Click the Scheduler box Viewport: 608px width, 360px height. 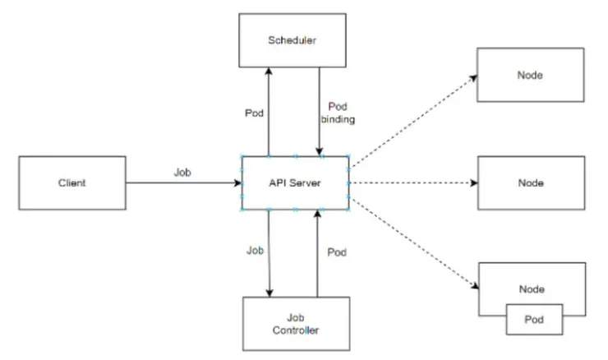coord(294,41)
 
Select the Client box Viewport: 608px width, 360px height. coord(71,182)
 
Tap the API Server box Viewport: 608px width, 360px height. coord(294,182)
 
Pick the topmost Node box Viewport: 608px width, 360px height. coord(531,76)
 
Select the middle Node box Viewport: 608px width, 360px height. coord(531,182)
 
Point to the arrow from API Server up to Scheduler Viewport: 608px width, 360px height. coord(269,111)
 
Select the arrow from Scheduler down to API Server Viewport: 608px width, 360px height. coord(320,111)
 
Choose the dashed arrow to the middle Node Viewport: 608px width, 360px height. coord(414,182)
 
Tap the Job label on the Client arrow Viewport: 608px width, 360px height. coord(182,172)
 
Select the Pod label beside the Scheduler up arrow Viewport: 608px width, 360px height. coord(253,113)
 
